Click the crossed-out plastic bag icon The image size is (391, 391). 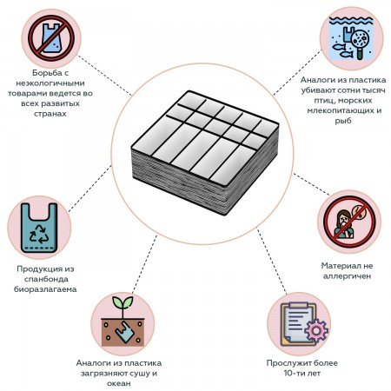[x=51, y=39]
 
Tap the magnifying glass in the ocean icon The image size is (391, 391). [x=360, y=43]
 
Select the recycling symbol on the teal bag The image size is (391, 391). [x=39, y=234]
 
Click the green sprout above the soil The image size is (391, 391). [x=123, y=306]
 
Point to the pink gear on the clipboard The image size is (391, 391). [x=316, y=331]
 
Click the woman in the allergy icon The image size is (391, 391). [x=343, y=224]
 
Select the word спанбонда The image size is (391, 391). [x=46, y=279]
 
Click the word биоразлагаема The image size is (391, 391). [x=45, y=289]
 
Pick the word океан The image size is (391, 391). [x=119, y=383]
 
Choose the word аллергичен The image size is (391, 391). [x=347, y=276]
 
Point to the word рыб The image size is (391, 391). [x=343, y=121]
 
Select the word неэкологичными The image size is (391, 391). [x=50, y=83]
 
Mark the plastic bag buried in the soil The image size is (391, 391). [x=124, y=332]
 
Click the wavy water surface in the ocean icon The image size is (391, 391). [x=352, y=20]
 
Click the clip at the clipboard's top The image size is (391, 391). [x=299, y=306]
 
